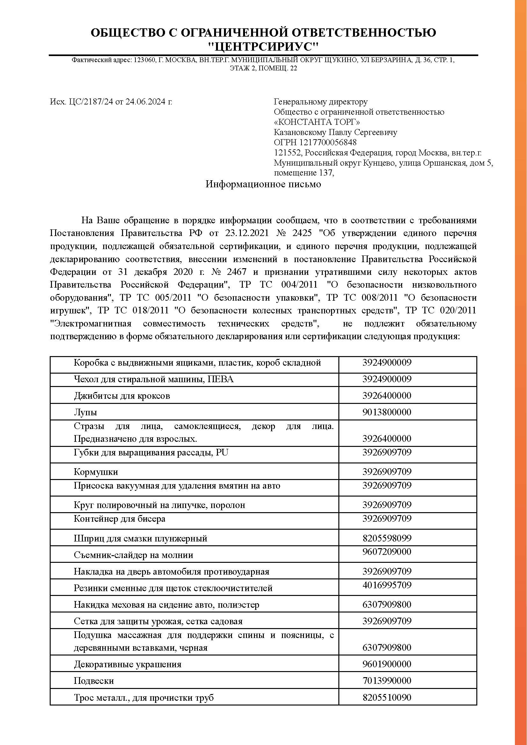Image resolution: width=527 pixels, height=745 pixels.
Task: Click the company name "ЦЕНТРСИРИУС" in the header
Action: pyautogui.click(x=263, y=47)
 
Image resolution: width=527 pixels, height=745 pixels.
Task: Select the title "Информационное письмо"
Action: pyautogui.click(x=263, y=184)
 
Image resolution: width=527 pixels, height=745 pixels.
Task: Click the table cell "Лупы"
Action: pyautogui.click(x=85, y=412)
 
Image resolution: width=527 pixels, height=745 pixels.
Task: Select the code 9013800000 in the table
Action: pyautogui.click(x=386, y=412)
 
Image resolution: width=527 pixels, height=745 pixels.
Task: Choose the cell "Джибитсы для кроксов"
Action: pyautogui.click(x=122, y=396)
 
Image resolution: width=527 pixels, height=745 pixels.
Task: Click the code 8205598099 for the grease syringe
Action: pyautogui.click(x=386, y=538)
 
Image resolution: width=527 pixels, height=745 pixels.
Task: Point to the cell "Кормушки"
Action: pyautogui.click(x=96, y=472)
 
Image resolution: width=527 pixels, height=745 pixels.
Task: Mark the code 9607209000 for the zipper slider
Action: pyautogui.click(x=386, y=552)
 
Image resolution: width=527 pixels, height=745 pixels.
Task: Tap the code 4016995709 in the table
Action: pyautogui.click(x=386, y=585)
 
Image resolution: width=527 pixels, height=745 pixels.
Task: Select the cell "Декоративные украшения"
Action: pyautogui.click(x=127, y=664)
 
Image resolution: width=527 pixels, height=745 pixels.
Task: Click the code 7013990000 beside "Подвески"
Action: pyautogui.click(x=386, y=680)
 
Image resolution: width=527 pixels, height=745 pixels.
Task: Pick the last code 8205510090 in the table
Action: pyautogui.click(x=386, y=697)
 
